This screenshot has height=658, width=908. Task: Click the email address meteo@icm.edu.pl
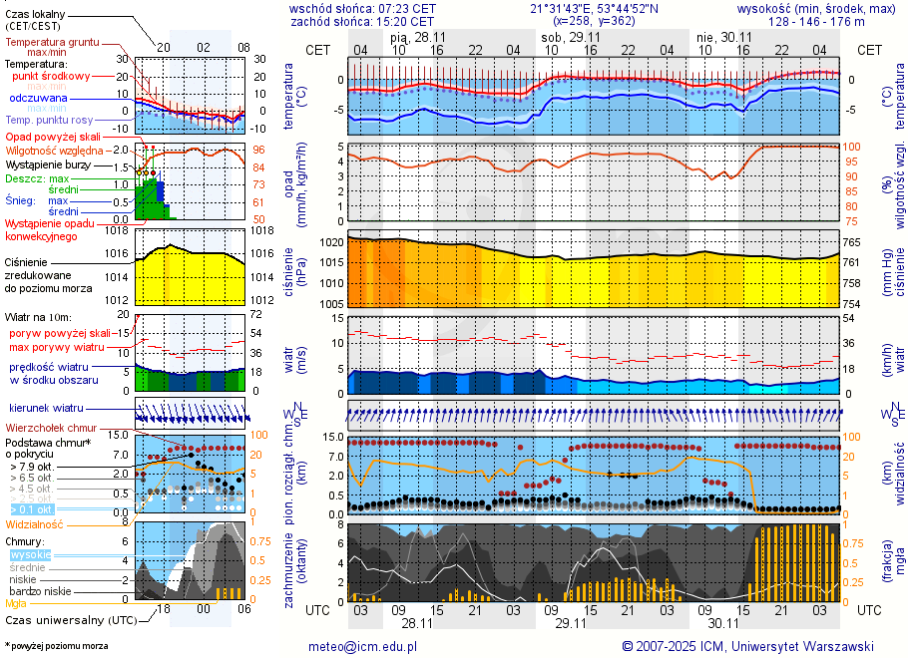coord(360,646)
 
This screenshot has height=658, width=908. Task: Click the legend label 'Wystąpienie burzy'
coord(47,164)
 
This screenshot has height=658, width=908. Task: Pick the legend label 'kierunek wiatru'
coord(45,409)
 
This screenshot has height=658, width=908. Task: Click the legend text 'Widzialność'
coord(34,523)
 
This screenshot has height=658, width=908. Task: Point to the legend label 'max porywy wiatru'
coord(57,347)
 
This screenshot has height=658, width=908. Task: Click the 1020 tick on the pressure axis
coord(332,242)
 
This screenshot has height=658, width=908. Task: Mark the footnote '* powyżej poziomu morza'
coord(56,646)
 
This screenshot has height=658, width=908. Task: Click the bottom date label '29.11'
coord(570,622)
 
